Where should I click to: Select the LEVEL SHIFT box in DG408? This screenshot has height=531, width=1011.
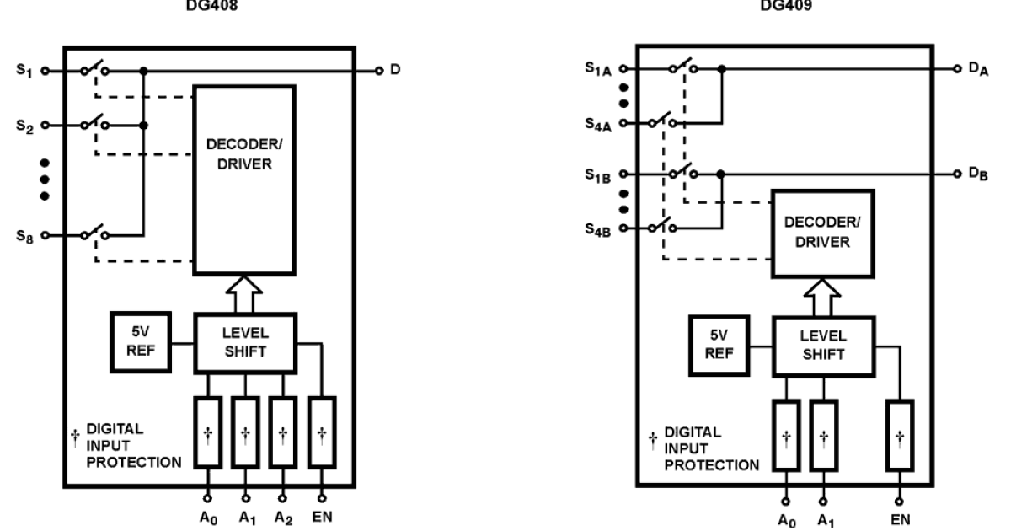click(244, 342)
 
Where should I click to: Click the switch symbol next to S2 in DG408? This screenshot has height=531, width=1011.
click(94, 124)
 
